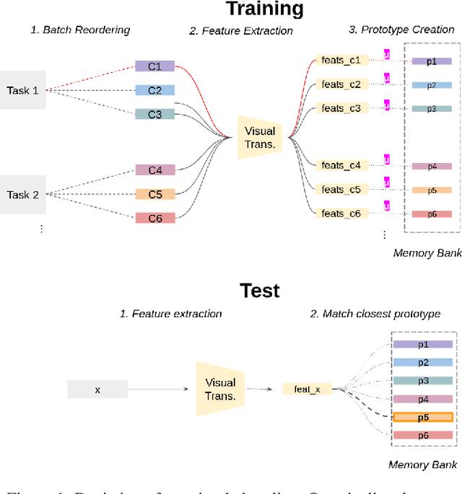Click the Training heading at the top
pyautogui.click(x=264, y=9)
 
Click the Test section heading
pyautogui.click(x=260, y=291)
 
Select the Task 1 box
pyautogui.click(x=23, y=90)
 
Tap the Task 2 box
pyautogui.click(x=23, y=195)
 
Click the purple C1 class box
pyautogui.click(x=155, y=66)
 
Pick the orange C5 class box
pyautogui.click(x=155, y=194)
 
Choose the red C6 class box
pyautogui.click(x=155, y=217)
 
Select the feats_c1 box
pyautogui.click(x=341, y=61)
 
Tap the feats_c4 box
pyautogui.click(x=341, y=166)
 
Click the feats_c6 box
pyautogui.click(x=341, y=213)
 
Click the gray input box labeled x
pyautogui.click(x=97, y=389)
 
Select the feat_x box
pyautogui.click(x=307, y=389)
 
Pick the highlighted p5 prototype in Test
pyautogui.click(x=423, y=417)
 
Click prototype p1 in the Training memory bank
pyautogui.click(x=431, y=61)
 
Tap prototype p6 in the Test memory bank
pyautogui.click(x=423, y=435)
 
